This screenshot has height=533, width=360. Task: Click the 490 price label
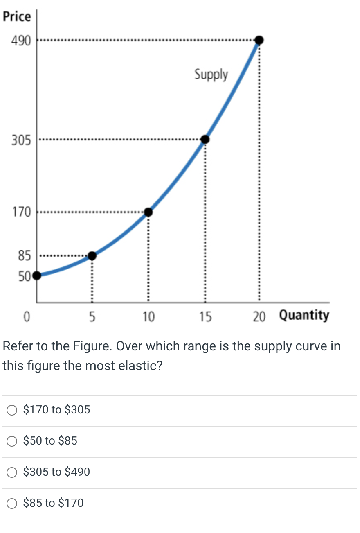click(x=20, y=41)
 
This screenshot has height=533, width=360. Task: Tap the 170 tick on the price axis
click(x=21, y=212)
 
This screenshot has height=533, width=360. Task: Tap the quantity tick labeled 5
click(x=92, y=316)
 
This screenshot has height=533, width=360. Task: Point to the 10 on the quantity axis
click(x=148, y=316)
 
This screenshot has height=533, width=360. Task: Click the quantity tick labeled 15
click(x=205, y=316)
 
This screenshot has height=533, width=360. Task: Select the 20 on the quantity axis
click(x=259, y=316)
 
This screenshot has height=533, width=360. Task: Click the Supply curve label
click(x=211, y=75)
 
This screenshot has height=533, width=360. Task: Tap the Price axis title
click(x=17, y=17)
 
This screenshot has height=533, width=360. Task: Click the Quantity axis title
click(x=304, y=316)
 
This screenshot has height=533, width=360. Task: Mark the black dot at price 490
click(x=259, y=40)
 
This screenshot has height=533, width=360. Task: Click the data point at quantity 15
click(x=205, y=140)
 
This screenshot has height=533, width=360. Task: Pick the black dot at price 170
click(x=148, y=212)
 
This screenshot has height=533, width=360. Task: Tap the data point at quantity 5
click(x=92, y=256)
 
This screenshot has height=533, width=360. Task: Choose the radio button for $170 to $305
click(x=13, y=410)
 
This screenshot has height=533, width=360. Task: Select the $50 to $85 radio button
click(x=13, y=441)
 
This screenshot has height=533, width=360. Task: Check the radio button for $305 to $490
click(x=13, y=472)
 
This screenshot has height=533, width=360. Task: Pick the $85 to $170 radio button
click(x=13, y=503)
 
